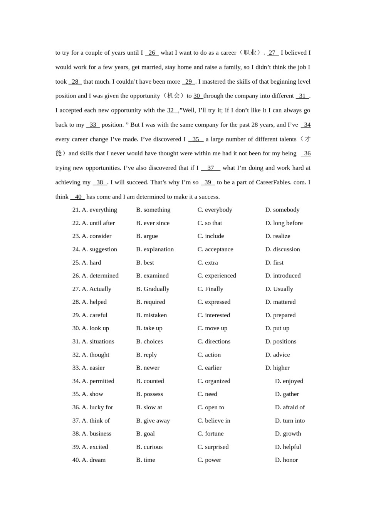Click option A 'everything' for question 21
point(99,210)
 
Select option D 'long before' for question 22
point(284,223)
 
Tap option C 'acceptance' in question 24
point(215,249)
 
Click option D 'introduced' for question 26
point(283,276)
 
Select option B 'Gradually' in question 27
point(153,289)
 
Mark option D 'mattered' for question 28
point(280,302)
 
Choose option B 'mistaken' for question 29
point(151,315)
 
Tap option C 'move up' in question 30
point(212,328)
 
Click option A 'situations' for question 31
point(97,341)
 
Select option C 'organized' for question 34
point(214,381)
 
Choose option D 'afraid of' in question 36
point(290,407)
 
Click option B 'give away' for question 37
point(153,420)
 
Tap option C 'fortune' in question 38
point(210,434)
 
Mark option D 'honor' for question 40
point(286,460)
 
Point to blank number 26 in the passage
point(152,53)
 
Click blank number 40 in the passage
point(78,197)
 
